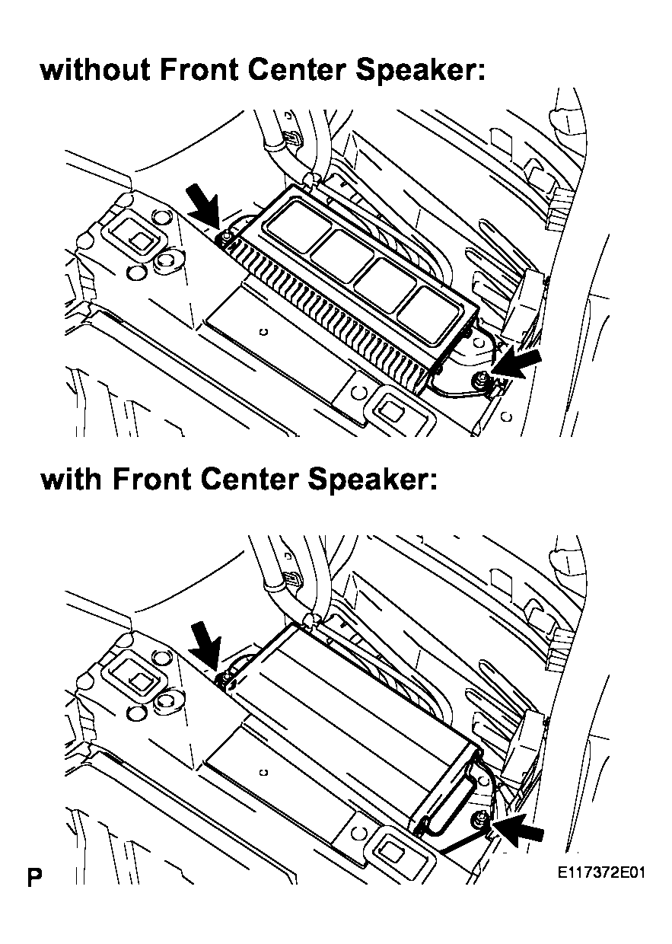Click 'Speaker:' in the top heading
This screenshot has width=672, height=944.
point(422,72)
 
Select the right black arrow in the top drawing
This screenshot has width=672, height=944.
point(516,364)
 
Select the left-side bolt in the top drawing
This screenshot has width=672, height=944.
point(225,238)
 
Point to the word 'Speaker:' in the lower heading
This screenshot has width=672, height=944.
point(373,482)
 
